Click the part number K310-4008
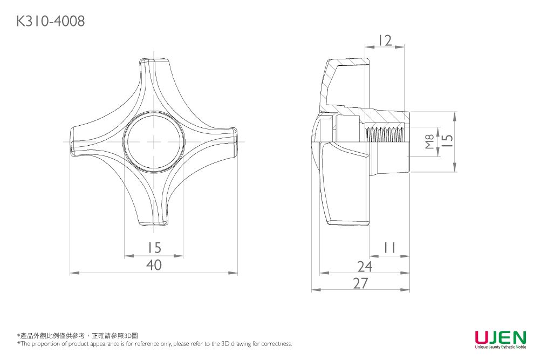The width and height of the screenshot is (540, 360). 51,22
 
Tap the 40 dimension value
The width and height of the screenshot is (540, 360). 154,266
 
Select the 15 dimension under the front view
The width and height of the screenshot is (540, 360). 154,248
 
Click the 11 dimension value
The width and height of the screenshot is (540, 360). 389,248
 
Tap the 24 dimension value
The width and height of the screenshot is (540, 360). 365,266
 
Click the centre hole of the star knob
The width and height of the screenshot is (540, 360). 154,142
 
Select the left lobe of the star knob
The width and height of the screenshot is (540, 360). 81,141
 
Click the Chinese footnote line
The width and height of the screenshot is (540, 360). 78,336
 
